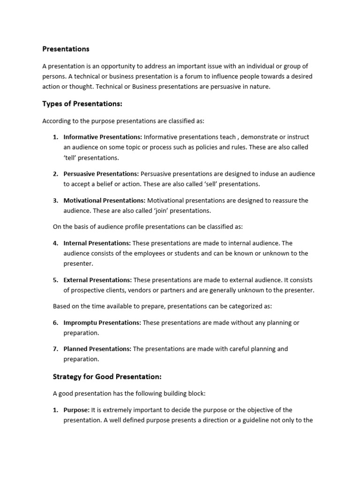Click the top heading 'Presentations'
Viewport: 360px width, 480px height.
coord(66,49)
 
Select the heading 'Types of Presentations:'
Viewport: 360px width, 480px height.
coord(82,104)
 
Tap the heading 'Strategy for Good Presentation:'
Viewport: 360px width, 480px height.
coord(108,376)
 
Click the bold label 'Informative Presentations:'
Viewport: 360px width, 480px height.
coord(103,137)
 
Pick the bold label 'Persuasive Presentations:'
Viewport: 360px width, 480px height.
coord(101,174)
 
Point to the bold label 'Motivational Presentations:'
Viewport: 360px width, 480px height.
coord(105,201)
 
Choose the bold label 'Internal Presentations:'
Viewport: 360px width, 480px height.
coord(97,243)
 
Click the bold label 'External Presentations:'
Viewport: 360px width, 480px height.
coord(97,280)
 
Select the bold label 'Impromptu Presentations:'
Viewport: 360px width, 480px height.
coord(102,322)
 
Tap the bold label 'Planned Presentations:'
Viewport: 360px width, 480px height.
coord(97,349)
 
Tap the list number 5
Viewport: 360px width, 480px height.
coord(55,280)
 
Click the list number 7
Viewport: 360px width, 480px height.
coord(55,349)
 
